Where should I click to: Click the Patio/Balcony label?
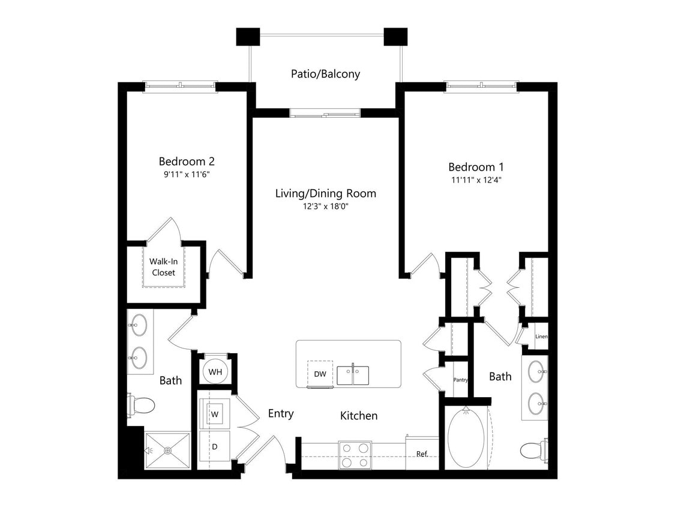[x=325, y=74]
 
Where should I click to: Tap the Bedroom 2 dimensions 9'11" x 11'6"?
[x=187, y=174]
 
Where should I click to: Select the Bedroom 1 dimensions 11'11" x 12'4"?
[x=476, y=180]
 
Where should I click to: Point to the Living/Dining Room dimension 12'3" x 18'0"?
[x=325, y=206]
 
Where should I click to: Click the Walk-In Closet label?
[x=163, y=267]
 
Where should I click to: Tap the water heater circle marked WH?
[x=215, y=372]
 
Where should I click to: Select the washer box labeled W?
[x=215, y=414]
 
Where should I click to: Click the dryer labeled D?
[x=214, y=447]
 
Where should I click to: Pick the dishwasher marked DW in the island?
[x=320, y=374]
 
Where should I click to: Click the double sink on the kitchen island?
[x=353, y=375]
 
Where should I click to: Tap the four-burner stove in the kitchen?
[x=355, y=455]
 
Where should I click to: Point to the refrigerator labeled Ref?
[x=422, y=454]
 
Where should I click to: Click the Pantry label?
[x=460, y=380]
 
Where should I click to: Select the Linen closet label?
[x=541, y=336]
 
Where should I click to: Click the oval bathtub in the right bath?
[x=466, y=438]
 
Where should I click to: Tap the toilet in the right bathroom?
[x=533, y=450]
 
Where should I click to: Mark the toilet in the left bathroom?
[x=142, y=405]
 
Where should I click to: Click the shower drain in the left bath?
[x=168, y=451]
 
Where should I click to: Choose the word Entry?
[x=281, y=413]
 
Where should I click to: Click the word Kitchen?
[x=359, y=416]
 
